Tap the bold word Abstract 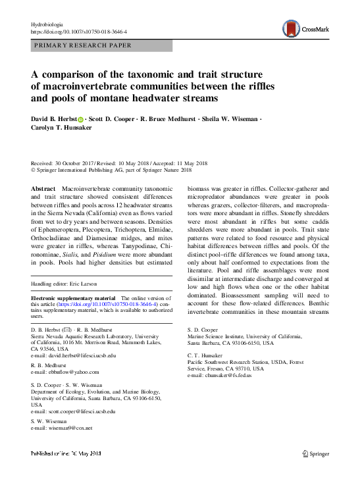44,189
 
